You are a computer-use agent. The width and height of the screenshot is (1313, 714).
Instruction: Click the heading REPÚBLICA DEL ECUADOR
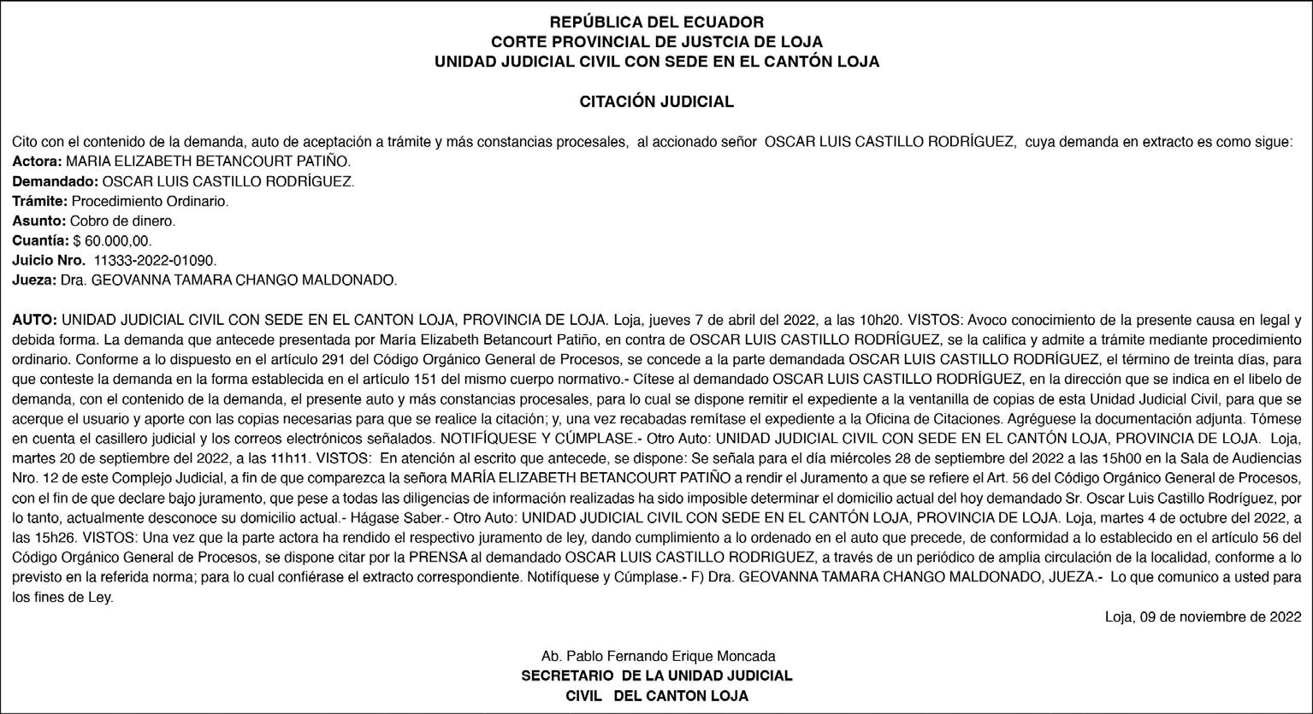coord(656,22)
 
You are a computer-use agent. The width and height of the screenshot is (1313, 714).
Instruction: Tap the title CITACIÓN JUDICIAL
coord(656,102)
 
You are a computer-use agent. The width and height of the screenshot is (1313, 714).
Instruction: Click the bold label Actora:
coord(37,162)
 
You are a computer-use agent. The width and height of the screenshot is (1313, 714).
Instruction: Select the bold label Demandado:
coord(56,182)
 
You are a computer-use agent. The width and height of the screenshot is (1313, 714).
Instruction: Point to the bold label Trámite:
coord(39,202)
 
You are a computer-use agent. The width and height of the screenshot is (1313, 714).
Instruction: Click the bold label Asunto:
coord(38,221)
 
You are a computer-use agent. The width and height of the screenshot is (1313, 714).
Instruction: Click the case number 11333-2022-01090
coord(155,261)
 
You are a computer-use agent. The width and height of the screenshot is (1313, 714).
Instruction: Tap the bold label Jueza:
coord(34,280)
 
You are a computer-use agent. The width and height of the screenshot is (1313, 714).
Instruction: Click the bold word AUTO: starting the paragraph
coord(34,321)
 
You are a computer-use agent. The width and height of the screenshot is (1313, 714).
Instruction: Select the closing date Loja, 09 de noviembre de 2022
coord(1203,617)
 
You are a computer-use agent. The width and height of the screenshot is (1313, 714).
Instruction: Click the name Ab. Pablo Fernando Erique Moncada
coord(658,657)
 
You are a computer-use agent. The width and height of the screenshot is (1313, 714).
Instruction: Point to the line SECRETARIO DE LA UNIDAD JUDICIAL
coord(657,676)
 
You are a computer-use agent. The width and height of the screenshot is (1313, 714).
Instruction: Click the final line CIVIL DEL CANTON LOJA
coord(657,696)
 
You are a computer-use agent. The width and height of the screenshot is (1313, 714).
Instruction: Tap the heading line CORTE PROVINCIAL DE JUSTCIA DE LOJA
coord(656,42)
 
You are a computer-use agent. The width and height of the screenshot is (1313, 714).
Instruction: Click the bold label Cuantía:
coord(40,241)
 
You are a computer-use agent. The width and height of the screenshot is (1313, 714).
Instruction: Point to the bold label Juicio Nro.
coord(48,261)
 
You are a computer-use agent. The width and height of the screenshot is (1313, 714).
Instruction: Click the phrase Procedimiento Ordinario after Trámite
coord(150,202)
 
